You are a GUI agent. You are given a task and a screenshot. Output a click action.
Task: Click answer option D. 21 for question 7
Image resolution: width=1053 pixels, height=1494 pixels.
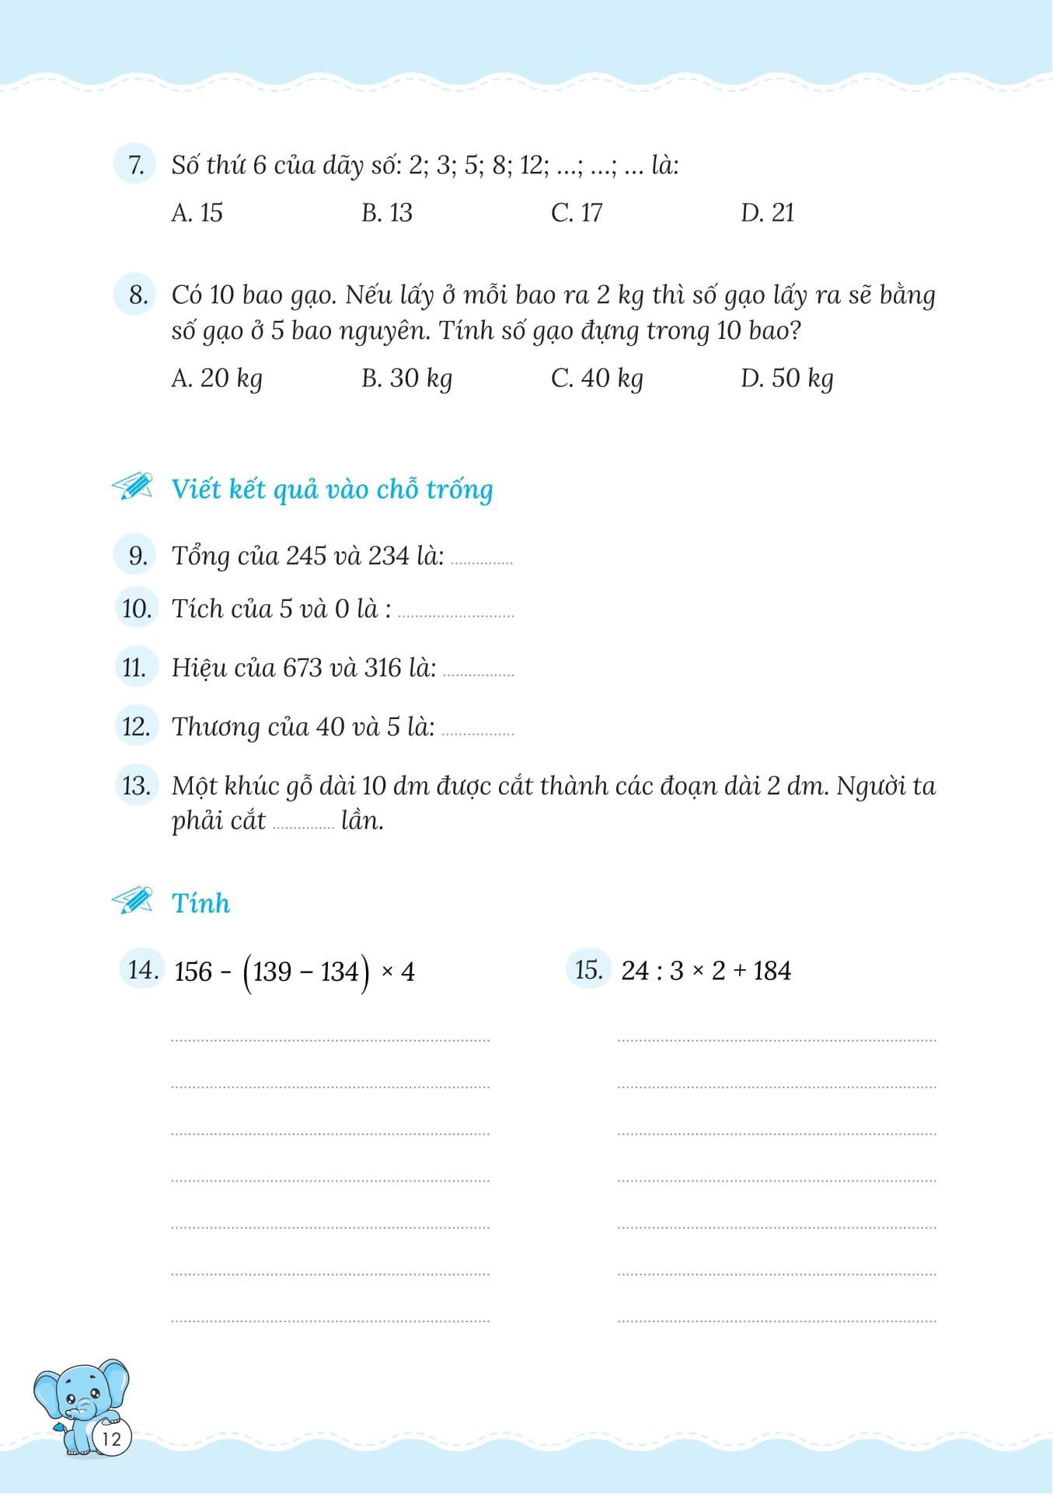click(767, 213)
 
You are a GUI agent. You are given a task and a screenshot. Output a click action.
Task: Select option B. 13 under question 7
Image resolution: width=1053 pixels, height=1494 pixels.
click(386, 213)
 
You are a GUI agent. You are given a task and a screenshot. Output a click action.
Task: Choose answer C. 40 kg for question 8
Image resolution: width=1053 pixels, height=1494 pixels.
click(597, 379)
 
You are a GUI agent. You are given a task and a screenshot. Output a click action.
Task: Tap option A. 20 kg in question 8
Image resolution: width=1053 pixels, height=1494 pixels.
click(216, 379)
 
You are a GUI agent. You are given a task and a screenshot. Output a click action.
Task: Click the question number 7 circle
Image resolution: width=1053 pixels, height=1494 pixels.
click(135, 166)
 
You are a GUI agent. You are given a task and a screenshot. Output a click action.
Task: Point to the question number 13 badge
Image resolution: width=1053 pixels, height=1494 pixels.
click(136, 785)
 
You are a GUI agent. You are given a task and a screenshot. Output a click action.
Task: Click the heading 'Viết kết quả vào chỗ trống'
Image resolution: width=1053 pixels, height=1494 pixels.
click(332, 490)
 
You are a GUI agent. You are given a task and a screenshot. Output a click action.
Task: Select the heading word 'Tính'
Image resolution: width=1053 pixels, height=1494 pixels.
click(200, 903)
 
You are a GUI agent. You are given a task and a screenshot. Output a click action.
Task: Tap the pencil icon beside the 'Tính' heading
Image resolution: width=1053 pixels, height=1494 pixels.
click(132, 901)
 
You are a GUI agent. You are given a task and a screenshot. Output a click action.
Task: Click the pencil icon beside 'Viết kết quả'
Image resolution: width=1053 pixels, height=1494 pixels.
click(132, 487)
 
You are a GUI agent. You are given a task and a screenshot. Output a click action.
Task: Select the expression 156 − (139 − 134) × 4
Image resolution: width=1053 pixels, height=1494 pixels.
click(295, 972)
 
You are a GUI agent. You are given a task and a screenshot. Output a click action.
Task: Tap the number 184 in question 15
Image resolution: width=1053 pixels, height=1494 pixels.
click(772, 971)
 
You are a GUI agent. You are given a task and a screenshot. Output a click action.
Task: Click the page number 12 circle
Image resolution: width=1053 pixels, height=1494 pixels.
click(112, 1438)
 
